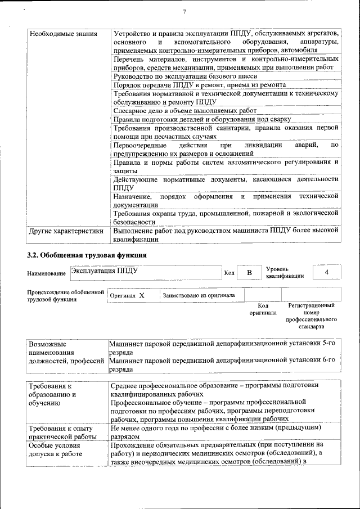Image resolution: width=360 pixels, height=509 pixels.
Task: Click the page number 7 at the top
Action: pos(184,12)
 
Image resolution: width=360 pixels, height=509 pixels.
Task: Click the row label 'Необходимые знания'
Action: pos(56,34)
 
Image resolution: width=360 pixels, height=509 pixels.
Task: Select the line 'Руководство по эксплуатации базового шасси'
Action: pos(185,76)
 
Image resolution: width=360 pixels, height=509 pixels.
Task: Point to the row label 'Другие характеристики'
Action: pos(66,231)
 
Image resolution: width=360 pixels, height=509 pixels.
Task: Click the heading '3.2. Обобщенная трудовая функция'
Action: pos(87,255)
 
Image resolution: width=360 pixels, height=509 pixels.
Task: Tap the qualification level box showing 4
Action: pos(327,272)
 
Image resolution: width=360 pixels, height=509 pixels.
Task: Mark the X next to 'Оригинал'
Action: pos(142,295)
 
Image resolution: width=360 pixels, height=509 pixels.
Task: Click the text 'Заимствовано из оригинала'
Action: pos(199,295)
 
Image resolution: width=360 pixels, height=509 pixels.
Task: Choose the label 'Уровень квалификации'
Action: pos(285,272)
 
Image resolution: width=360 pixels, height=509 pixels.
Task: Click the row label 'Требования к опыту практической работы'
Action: pos(58,433)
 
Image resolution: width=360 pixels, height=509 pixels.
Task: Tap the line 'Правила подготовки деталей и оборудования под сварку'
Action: pos(202,119)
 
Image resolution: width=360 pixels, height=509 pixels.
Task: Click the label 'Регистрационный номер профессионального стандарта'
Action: pos(311,316)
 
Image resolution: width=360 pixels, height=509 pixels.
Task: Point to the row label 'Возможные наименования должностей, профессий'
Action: pos(66,352)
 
